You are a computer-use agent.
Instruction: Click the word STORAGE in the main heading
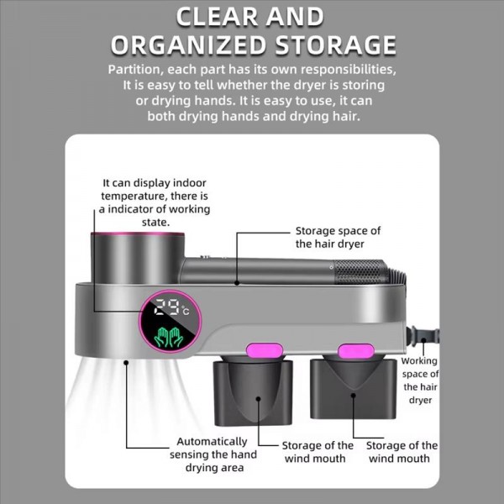pos(335,45)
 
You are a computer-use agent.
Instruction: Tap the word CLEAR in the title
pos(218,17)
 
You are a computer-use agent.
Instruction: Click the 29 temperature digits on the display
pos(167,307)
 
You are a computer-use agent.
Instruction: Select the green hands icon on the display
pos(169,337)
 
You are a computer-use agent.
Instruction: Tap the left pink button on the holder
pos(265,350)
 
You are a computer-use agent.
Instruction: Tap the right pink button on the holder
pos(356,350)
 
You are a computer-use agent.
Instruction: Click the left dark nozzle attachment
pos(253,391)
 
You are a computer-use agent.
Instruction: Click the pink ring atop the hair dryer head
pos(138,234)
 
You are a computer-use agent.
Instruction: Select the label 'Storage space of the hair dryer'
pos(338,237)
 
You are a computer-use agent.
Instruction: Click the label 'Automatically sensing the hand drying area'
pos(213,454)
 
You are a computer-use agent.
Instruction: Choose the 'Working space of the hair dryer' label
pos(420,381)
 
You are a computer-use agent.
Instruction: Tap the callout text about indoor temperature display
pos(155,202)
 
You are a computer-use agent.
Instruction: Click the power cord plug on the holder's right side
pos(422,336)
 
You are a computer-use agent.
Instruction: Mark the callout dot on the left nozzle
pos(259,399)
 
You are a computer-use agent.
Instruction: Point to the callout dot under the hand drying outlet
pos(126,363)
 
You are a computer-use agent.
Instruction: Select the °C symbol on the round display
pos(186,311)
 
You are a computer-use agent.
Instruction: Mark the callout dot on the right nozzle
pos(354,396)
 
